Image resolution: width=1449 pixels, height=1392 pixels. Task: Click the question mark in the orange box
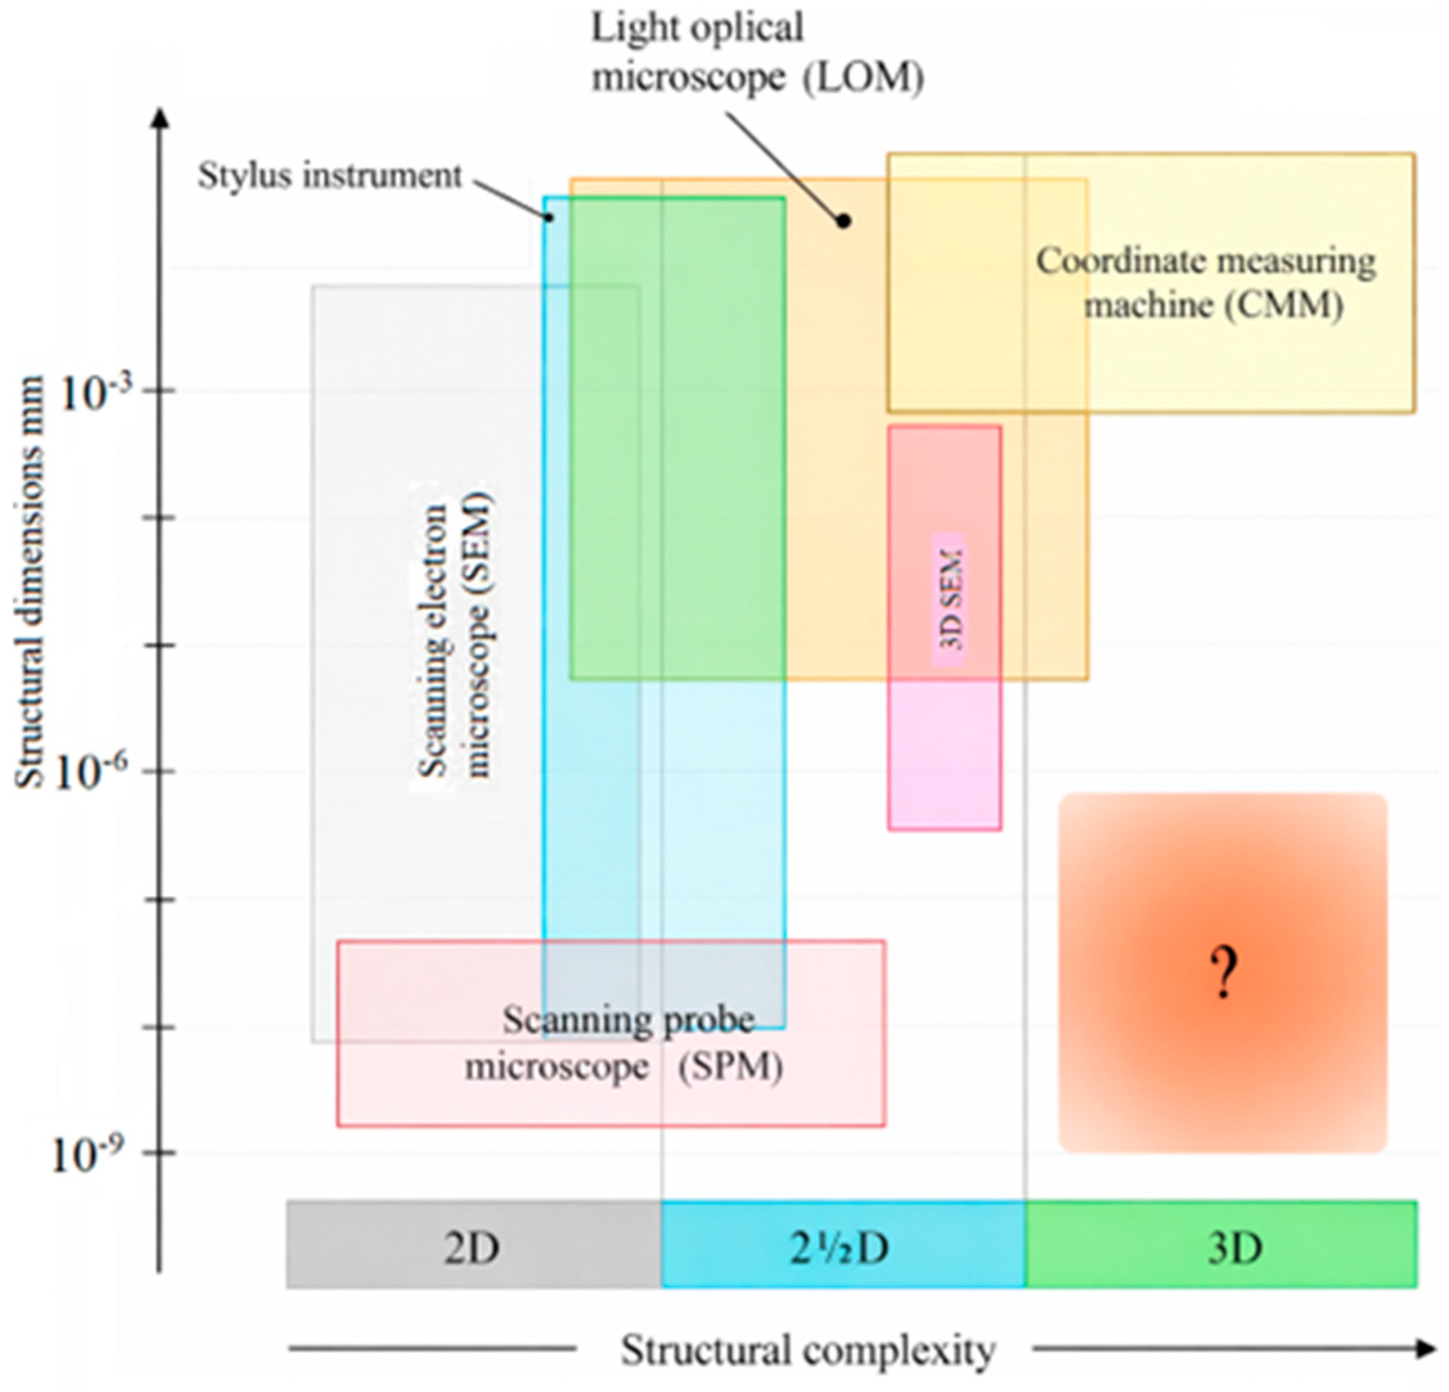(x=1223, y=974)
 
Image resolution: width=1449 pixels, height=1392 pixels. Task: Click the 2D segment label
(x=472, y=1248)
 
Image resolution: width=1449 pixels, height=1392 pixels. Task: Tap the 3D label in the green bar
(x=1234, y=1248)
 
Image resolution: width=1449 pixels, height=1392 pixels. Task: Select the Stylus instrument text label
(x=330, y=176)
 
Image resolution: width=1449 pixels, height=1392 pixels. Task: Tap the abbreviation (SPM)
(x=731, y=1067)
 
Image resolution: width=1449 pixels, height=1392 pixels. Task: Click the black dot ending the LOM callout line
(x=844, y=220)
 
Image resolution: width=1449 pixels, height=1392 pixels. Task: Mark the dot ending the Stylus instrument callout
(x=549, y=216)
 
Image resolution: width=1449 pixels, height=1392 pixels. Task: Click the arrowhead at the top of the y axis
(x=159, y=118)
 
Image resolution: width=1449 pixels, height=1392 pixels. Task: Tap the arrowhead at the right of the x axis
(x=1427, y=1349)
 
